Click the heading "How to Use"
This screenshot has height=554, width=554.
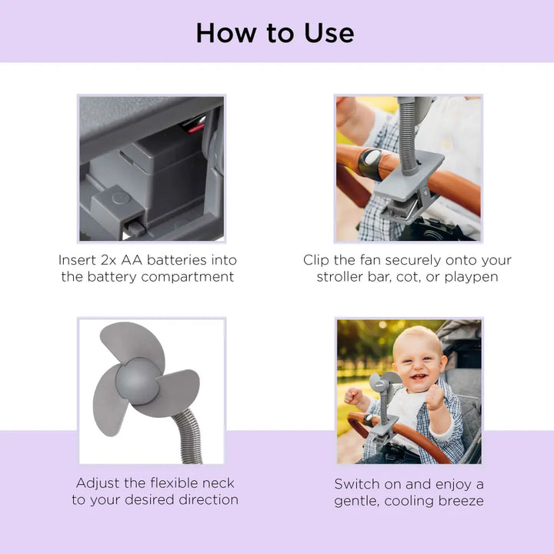(x=275, y=32)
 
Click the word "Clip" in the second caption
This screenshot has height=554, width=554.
(x=318, y=260)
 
